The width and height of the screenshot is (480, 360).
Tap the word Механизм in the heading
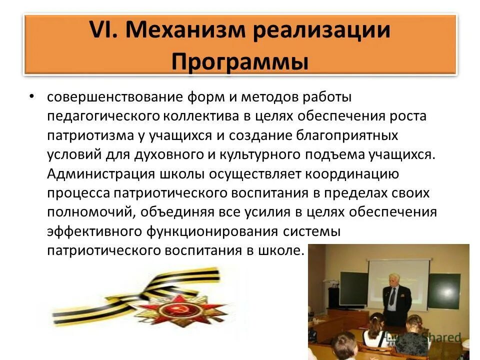pyautogui.click(x=184, y=31)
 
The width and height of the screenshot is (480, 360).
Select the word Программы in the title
pyautogui.click(x=240, y=62)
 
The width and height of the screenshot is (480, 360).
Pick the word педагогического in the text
pyautogui.click(x=103, y=116)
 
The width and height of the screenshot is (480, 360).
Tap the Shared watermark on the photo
pyautogui.click(x=439, y=337)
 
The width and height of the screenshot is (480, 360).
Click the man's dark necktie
pyautogui.click(x=393, y=297)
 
